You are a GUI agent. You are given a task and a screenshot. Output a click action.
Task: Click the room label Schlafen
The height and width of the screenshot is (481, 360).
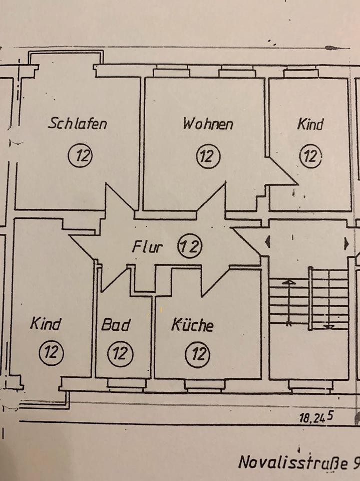click(x=77, y=123)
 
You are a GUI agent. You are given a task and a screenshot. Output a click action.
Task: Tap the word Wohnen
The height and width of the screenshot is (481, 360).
click(x=207, y=123)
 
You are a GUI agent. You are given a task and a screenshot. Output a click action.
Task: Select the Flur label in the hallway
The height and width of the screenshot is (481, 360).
click(x=147, y=247)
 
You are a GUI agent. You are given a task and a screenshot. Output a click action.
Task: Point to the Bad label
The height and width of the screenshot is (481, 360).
click(x=116, y=325)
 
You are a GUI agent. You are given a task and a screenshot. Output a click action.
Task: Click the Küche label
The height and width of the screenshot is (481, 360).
click(x=193, y=325)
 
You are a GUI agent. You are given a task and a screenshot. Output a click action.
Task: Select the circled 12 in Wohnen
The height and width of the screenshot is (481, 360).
click(x=206, y=155)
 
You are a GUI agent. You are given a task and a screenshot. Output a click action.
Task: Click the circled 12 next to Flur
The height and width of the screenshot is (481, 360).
click(x=190, y=246)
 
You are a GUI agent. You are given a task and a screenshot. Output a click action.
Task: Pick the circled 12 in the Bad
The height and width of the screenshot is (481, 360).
click(x=120, y=354)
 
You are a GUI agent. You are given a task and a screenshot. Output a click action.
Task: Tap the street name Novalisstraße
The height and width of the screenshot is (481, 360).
click(x=295, y=461)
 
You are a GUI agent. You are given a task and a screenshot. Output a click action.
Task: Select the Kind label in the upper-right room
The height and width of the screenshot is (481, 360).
click(x=310, y=124)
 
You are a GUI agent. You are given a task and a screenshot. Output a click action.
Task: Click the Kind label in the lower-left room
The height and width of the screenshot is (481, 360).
click(x=45, y=324)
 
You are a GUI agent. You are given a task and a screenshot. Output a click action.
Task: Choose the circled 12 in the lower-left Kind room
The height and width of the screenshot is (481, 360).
click(x=51, y=351)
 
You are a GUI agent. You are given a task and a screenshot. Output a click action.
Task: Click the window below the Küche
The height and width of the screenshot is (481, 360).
click(x=204, y=385)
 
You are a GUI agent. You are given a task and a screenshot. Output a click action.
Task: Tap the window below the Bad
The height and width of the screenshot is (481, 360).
click(x=127, y=384)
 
